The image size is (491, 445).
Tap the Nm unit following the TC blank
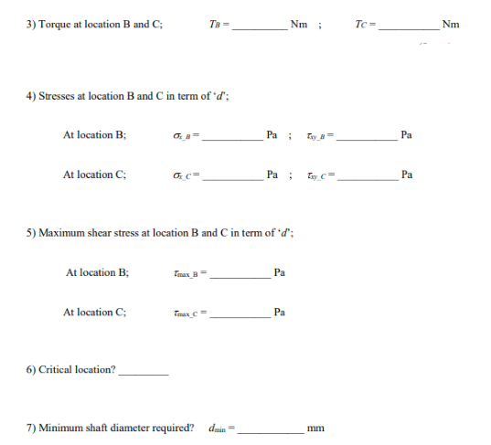(450, 24)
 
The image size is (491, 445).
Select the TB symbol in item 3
(215, 25)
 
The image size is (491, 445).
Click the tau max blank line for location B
(241, 277)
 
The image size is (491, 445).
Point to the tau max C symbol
(189, 313)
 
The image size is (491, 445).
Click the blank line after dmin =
(271, 430)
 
